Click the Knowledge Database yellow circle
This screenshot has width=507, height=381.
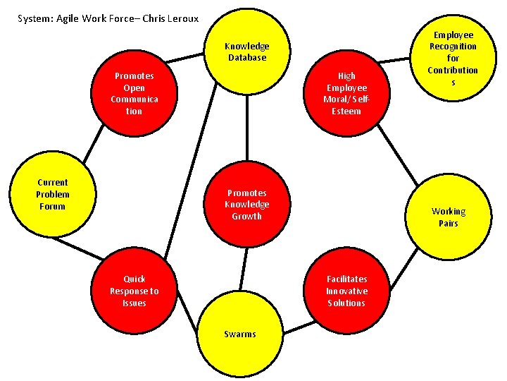click(x=246, y=51)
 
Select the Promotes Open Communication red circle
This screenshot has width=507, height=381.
click(x=134, y=92)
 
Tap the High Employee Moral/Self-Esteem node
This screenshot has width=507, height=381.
click(x=346, y=92)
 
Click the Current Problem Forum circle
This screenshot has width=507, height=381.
click(x=52, y=194)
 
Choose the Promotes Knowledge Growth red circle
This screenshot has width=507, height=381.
click(x=246, y=204)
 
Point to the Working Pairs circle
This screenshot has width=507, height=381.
click(x=449, y=217)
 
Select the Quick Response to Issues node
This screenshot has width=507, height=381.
click(x=134, y=291)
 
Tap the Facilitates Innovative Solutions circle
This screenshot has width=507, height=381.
click(x=346, y=291)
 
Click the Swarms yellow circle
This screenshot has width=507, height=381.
click(x=240, y=333)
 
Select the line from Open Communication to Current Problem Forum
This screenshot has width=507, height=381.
click(x=91, y=145)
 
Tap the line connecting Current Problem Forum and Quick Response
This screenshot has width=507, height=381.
click(x=77, y=248)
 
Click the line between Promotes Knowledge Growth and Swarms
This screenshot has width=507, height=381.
click(x=243, y=267)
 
